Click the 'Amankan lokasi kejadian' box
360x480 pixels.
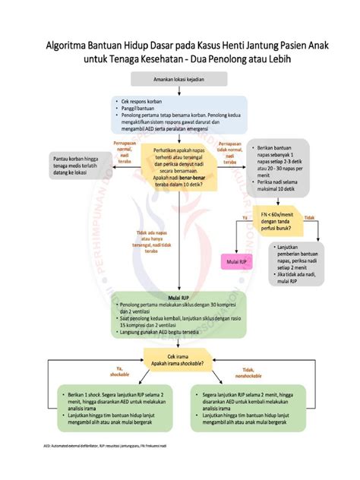click(x=180, y=80)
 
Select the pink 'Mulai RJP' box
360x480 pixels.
click(x=236, y=262)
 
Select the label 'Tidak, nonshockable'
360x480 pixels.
click(x=243, y=372)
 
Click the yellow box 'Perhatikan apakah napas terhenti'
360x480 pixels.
click(x=180, y=169)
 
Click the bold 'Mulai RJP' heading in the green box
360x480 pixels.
click(x=180, y=298)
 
